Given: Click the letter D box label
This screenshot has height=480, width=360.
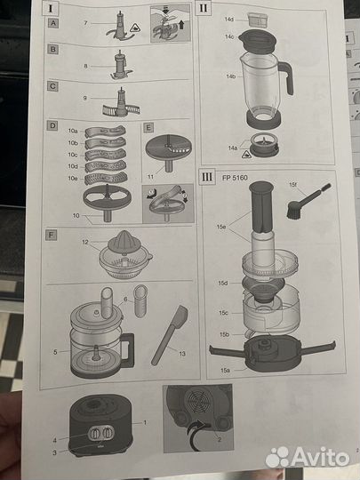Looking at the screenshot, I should point(52,127).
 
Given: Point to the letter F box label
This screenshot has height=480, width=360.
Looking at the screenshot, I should point(52,236).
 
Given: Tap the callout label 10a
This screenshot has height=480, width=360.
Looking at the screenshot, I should point(72,131).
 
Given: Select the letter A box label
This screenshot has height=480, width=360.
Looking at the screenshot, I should point(52,24).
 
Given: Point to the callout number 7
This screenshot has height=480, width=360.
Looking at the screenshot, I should point(84,20).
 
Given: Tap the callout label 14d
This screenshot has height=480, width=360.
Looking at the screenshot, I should point(228,18).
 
